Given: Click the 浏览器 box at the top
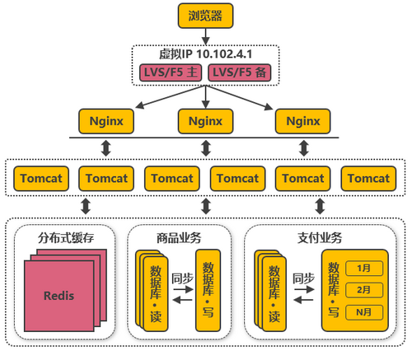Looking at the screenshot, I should pos(205,15).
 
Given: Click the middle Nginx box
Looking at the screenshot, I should pos(205,121).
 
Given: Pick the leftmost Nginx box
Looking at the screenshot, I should pos(106,121).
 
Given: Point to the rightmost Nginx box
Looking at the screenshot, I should pos(303,121).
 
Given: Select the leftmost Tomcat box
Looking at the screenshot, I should pos(39,178).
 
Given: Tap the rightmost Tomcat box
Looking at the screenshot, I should pos(368,178).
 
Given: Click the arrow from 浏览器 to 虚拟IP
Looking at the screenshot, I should pos(205,35).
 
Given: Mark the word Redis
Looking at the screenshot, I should pos(59,295).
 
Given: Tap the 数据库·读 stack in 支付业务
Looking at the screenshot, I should pos(273,294).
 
